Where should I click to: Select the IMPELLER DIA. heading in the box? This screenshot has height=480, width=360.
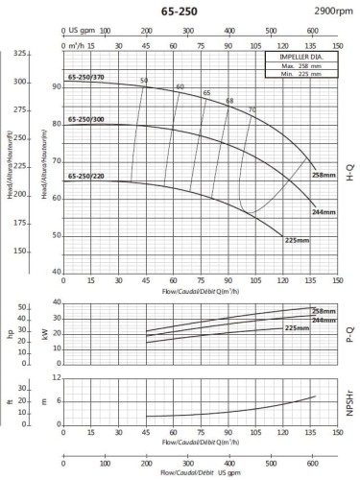(x=300, y=59)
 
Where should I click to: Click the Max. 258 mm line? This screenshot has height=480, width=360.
(x=300, y=67)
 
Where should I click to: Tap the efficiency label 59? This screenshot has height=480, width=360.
(x=144, y=81)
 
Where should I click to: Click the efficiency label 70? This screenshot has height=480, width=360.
(x=252, y=109)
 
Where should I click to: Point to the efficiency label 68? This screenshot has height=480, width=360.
(x=229, y=101)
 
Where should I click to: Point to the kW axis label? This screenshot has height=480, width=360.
(x=45, y=333)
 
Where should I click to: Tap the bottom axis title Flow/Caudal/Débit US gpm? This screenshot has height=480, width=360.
(x=199, y=473)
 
